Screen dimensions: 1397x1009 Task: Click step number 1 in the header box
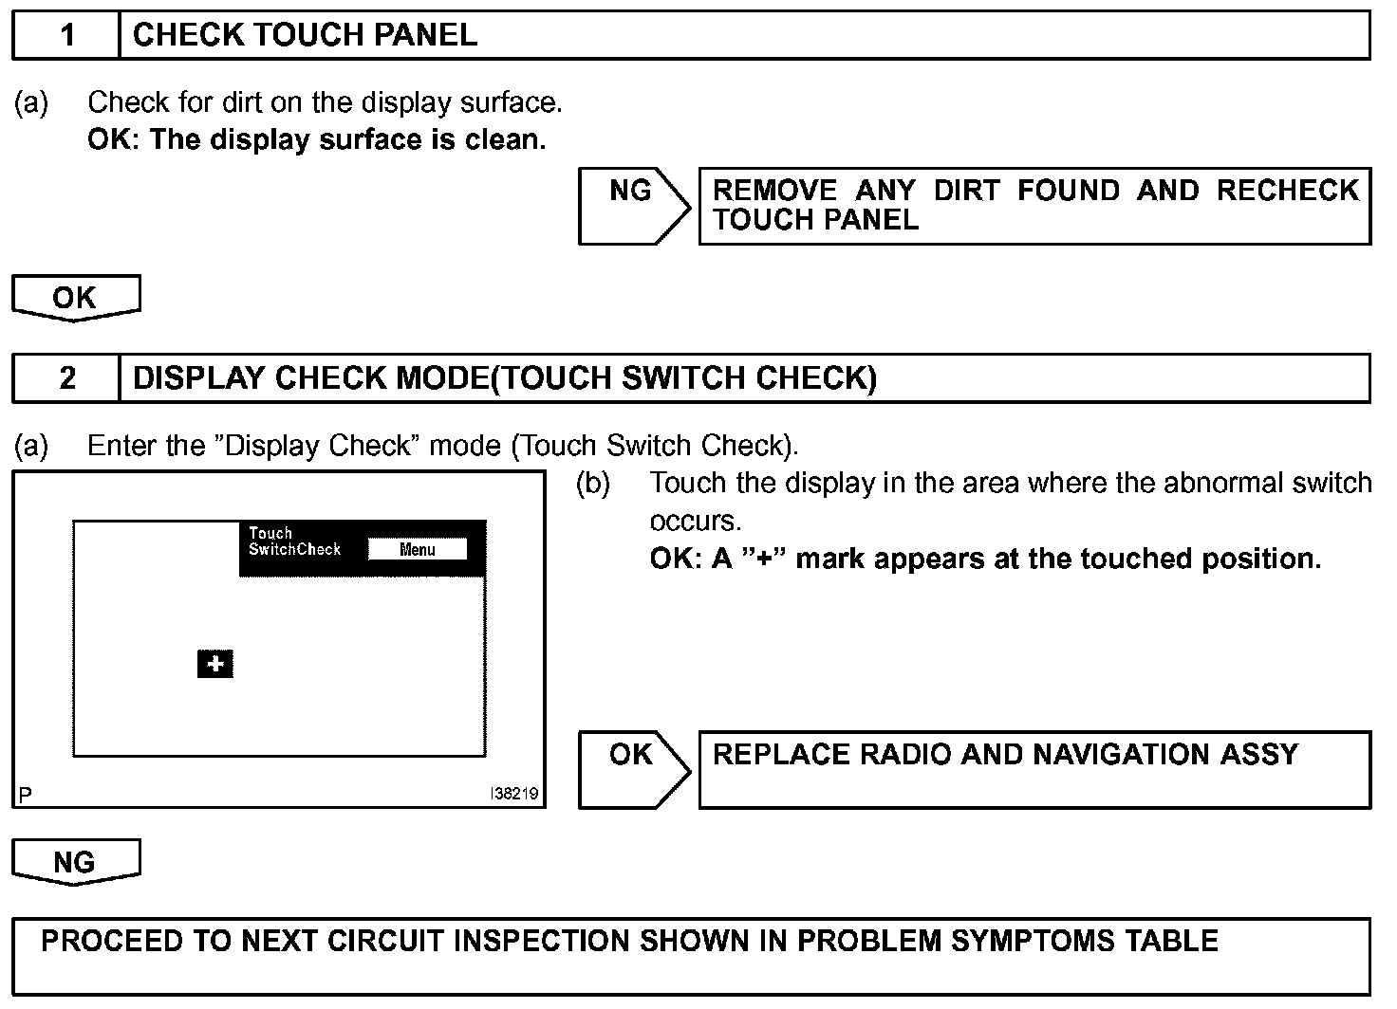point(66,36)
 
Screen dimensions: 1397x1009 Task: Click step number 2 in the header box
point(66,378)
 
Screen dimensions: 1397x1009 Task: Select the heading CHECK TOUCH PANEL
point(305,36)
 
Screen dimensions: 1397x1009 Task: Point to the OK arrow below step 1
point(75,298)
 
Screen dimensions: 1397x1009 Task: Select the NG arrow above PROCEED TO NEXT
point(75,861)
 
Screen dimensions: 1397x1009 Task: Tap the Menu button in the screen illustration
point(417,550)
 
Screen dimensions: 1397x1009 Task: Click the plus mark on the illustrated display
point(215,664)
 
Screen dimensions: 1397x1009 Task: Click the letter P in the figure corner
point(26,794)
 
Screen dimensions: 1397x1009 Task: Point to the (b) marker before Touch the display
point(593,484)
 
